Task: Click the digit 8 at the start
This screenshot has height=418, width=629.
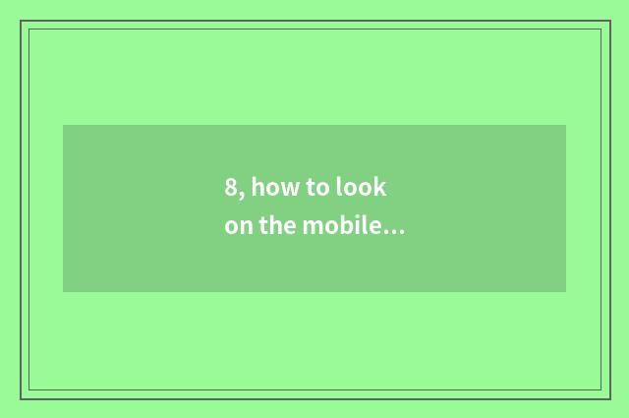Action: [x=231, y=187]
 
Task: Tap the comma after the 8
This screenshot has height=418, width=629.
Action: [x=241, y=194]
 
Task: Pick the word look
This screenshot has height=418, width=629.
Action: [x=362, y=187]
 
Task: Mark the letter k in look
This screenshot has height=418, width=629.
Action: [x=381, y=187]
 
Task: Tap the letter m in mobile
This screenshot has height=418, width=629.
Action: [x=312, y=228]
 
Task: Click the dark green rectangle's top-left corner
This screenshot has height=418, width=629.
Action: [x=64, y=126]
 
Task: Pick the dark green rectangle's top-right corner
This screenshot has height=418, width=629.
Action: [x=565, y=126]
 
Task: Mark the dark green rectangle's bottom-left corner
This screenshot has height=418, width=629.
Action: [x=64, y=291]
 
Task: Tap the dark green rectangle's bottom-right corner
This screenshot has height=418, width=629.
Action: [x=565, y=291]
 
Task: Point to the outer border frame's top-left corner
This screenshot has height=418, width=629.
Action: [x=21, y=21]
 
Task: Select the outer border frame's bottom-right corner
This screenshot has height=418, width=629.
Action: [x=609, y=397]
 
